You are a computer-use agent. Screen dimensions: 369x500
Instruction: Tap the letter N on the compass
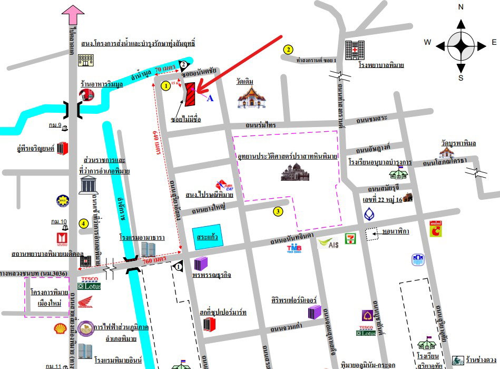pyautogui.click(x=460, y=7)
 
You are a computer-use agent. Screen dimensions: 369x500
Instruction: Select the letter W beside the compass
pyautogui.click(x=428, y=42)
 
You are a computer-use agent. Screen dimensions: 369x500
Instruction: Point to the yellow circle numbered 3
pyautogui.click(x=278, y=212)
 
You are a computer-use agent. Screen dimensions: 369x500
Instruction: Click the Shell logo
pyautogui.click(x=62, y=328)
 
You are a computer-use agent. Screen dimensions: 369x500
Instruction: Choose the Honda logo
pyautogui.click(x=85, y=302)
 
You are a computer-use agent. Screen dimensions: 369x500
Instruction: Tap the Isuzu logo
pyautogui.click(x=60, y=239)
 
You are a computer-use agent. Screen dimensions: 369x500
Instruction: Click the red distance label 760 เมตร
pyautogui.click(x=154, y=260)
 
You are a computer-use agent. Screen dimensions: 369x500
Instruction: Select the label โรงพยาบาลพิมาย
pyautogui.click(x=381, y=65)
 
